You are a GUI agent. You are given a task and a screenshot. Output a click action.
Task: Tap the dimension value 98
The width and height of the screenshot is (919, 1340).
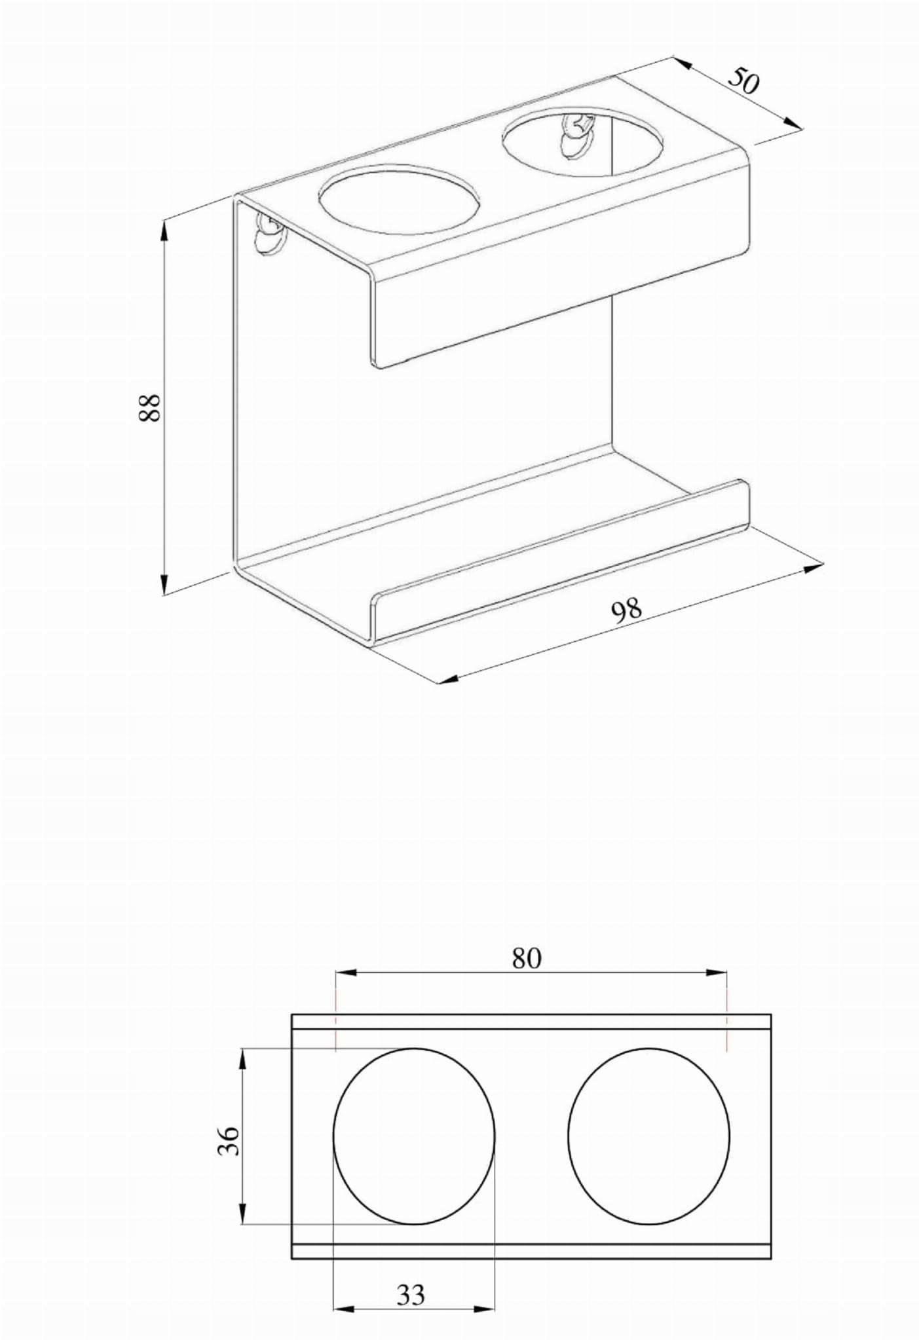626,610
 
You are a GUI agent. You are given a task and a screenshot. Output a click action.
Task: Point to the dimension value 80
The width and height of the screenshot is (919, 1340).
527,958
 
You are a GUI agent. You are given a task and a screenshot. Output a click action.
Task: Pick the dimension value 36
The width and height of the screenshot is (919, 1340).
229,1141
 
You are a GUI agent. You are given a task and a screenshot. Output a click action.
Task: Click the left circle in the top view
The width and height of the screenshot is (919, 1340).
414,1136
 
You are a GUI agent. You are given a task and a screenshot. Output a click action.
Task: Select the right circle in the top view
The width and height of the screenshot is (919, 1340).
648,1136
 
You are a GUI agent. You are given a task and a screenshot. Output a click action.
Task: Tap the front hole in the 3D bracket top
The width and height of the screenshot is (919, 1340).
398,198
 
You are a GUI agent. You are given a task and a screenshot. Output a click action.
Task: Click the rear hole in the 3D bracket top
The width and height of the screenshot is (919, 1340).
582,143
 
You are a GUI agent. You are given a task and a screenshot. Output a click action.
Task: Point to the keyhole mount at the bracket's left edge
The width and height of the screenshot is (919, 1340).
269,233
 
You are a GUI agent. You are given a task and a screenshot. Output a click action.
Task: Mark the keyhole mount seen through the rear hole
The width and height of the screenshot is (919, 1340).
575,135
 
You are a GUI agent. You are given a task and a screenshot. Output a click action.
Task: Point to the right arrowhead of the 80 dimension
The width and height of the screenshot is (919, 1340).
719,973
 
